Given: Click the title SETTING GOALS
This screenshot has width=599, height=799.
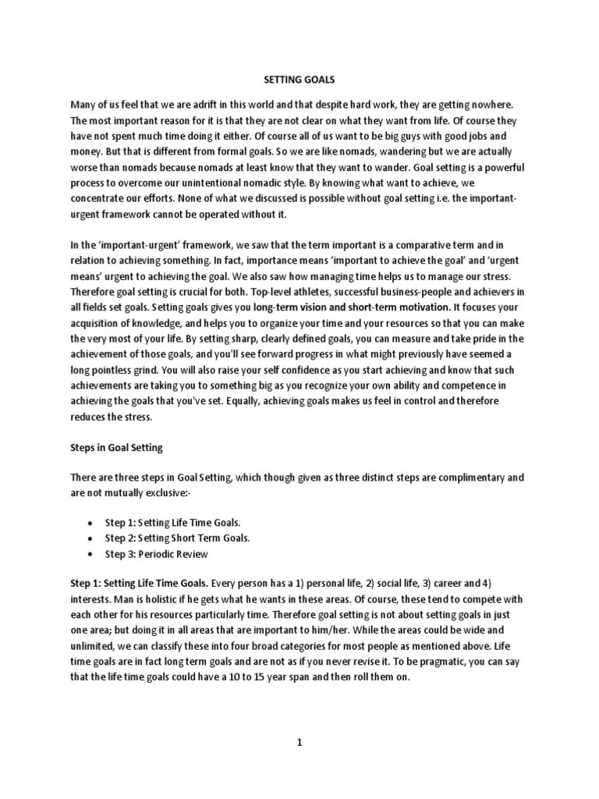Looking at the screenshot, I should (x=299, y=79).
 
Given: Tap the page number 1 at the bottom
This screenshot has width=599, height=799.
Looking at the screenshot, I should (x=299, y=743).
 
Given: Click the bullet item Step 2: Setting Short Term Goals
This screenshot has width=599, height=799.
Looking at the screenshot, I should (x=178, y=538).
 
